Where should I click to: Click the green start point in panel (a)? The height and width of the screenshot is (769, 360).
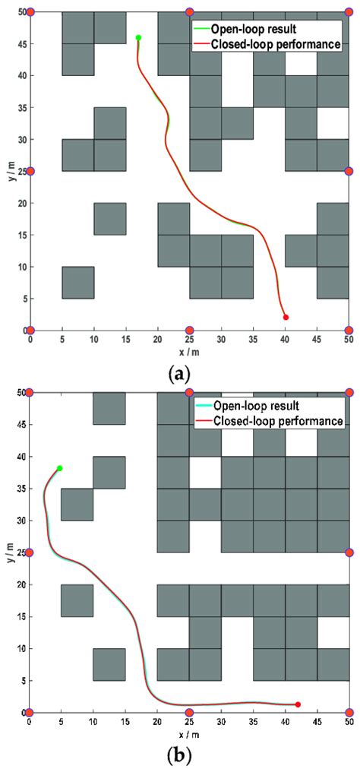pyautogui.click(x=138, y=37)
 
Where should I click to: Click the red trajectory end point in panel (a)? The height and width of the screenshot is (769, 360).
pyautogui.click(x=286, y=317)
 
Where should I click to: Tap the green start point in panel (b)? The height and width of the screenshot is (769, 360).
pyautogui.click(x=59, y=468)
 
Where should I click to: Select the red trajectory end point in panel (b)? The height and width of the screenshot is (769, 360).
pyautogui.click(x=298, y=704)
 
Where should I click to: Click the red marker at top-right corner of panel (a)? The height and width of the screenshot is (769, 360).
pyautogui.click(x=349, y=12)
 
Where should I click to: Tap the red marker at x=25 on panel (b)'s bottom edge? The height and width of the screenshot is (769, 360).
pyautogui.click(x=189, y=712)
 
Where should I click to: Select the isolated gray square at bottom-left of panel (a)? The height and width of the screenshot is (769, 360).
pyautogui.click(x=78, y=283)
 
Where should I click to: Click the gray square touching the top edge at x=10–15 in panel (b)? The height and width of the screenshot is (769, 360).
pyautogui.click(x=109, y=408)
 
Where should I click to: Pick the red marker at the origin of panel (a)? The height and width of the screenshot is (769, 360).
pyautogui.click(x=30, y=331)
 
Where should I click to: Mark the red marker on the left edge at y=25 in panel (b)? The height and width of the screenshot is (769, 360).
pyautogui.click(x=30, y=552)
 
